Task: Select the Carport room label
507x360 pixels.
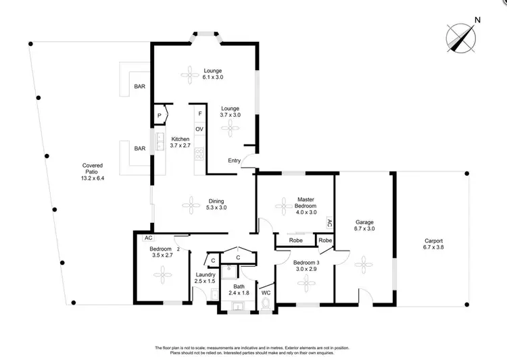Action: [x=433, y=245]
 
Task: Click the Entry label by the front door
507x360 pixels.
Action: [x=235, y=160]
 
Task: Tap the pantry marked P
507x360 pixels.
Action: [x=160, y=115]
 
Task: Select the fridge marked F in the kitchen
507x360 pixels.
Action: [x=199, y=114]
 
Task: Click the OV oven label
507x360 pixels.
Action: [x=199, y=128]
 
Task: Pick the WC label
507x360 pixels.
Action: [x=266, y=293]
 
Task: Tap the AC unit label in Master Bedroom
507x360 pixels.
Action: [x=329, y=222]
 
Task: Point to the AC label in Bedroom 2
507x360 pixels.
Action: [x=147, y=238]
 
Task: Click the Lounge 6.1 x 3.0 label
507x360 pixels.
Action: [x=213, y=74]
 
